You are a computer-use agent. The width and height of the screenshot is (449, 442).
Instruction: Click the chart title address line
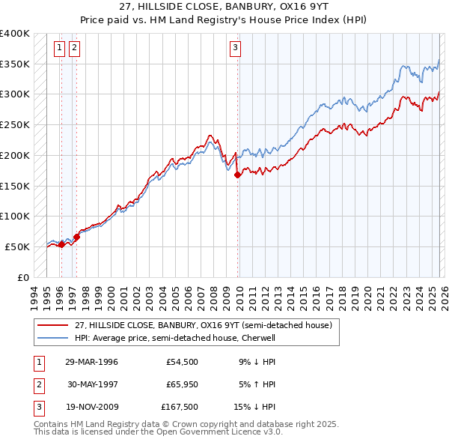point(224,7)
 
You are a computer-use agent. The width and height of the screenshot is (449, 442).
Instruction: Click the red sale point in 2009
point(238,175)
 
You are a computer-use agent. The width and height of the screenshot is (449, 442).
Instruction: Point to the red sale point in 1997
point(76,237)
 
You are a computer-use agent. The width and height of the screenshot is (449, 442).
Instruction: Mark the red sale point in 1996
point(61,243)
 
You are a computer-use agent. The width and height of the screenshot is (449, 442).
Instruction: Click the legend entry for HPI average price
point(175,338)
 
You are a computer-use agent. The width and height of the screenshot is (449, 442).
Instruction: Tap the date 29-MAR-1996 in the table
point(91,361)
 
